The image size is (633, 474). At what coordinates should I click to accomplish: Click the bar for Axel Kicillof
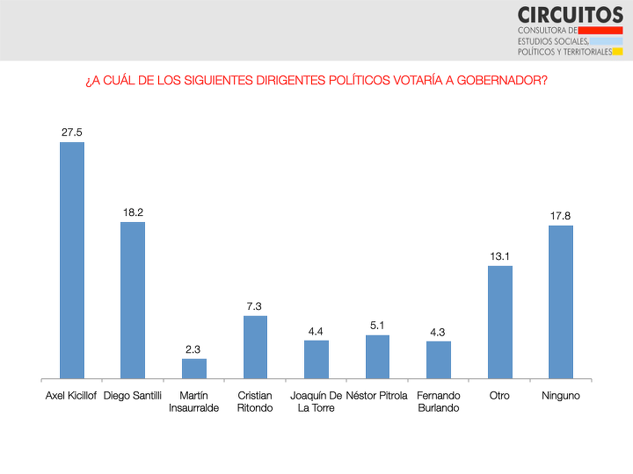[x=72, y=260]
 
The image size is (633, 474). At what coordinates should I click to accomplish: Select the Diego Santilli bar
[x=133, y=300]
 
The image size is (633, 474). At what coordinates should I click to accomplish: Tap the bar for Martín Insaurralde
[x=194, y=369]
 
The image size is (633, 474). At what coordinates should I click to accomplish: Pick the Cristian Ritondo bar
[x=255, y=347]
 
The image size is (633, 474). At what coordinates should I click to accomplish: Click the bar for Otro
[x=500, y=322]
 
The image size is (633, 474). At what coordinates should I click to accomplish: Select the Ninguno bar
[x=561, y=302]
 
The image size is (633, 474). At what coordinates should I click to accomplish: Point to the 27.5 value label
[x=72, y=133]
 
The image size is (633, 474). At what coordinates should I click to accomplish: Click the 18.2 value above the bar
[x=133, y=213]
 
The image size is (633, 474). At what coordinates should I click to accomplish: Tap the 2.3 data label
[x=194, y=349]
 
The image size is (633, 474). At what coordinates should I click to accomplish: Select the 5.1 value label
[x=378, y=325]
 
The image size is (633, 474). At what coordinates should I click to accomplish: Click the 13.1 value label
[x=500, y=256]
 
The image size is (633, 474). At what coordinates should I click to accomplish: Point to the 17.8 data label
[x=561, y=216]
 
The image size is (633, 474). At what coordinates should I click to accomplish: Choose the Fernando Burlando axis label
[x=438, y=401]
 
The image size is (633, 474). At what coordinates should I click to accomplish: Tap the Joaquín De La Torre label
[x=316, y=401]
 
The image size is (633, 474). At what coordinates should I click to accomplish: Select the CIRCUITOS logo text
[x=570, y=14]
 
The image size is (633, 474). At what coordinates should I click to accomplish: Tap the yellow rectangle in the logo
[x=618, y=52]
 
